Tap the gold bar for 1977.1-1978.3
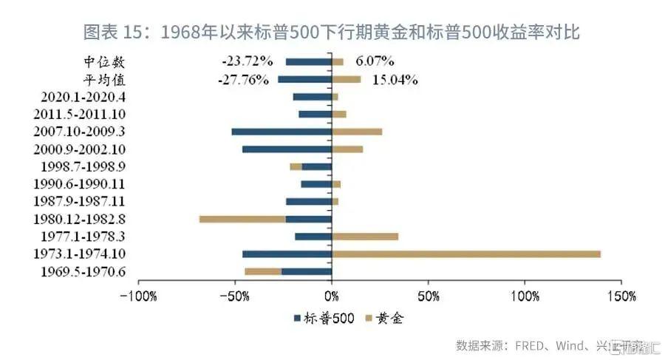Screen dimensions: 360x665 [365, 237]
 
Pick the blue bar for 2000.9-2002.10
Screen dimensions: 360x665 [287, 149]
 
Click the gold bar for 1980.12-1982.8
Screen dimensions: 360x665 [242, 219]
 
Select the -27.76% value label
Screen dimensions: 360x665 [242, 79]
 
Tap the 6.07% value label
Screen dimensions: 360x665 [373, 61]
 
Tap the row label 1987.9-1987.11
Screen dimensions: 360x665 [79, 202]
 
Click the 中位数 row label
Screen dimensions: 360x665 [104, 61]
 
